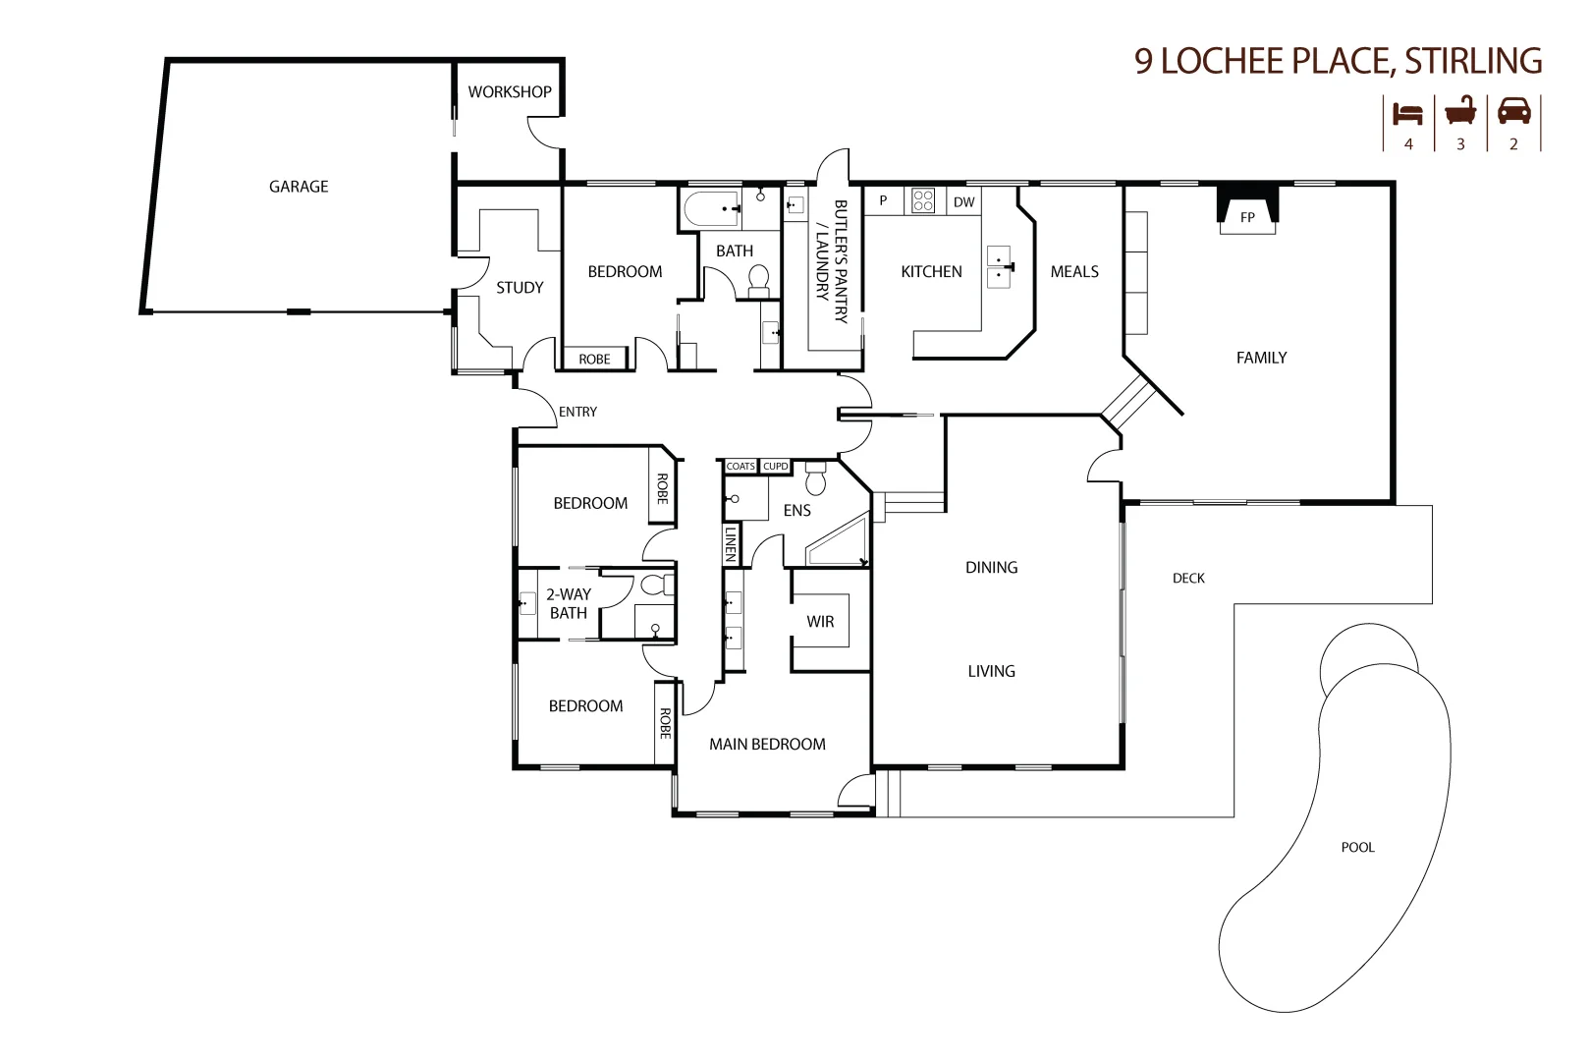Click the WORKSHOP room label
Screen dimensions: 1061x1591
tap(509, 91)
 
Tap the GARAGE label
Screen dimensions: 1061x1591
tap(299, 186)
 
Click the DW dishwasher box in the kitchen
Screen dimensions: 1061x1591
tap(963, 201)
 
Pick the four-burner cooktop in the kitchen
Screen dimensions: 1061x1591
tap(923, 200)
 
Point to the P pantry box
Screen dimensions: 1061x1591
tap(883, 200)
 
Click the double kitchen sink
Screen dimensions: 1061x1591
tap(999, 266)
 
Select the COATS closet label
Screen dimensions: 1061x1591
tap(741, 466)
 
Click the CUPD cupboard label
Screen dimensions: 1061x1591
tap(775, 466)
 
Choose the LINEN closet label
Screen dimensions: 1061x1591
tap(730, 543)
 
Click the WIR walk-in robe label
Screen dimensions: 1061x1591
tap(820, 621)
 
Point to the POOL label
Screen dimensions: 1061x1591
tap(1357, 847)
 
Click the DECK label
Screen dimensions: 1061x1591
tap(1188, 578)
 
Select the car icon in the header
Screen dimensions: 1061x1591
tap(1513, 111)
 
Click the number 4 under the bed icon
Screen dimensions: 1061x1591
tap(1408, 143)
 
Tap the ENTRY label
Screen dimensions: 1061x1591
tap(577, 412)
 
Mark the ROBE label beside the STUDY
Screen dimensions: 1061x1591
tap(594, 359)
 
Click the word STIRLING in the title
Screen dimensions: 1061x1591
tap(1473, 61)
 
